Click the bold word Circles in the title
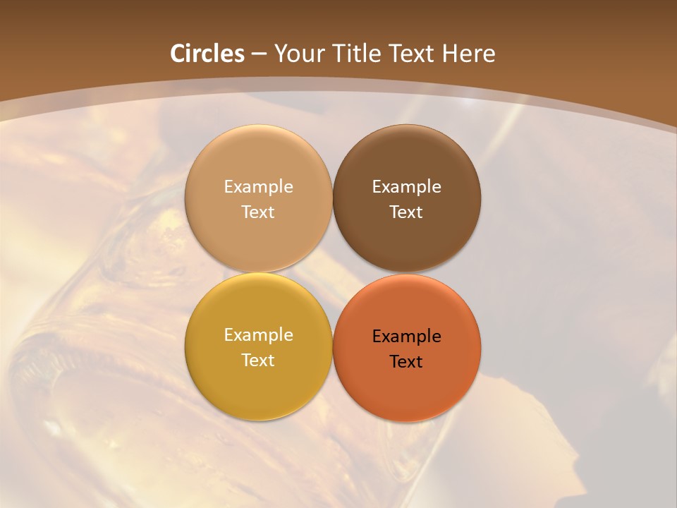click(x=207, y=54)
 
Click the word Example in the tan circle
click(x=258, y=187)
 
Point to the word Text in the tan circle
click(x=258, y=212)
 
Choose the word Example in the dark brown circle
click(x=406, y=187)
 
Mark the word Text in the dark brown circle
click(x=406, y=212)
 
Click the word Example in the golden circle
click(x=258, y=335)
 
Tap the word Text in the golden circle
click(x=258, y=360)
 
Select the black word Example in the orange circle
click(x=406, y=337)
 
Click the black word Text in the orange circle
click(x=406, y=361)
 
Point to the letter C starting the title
click(x=178, y=54)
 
